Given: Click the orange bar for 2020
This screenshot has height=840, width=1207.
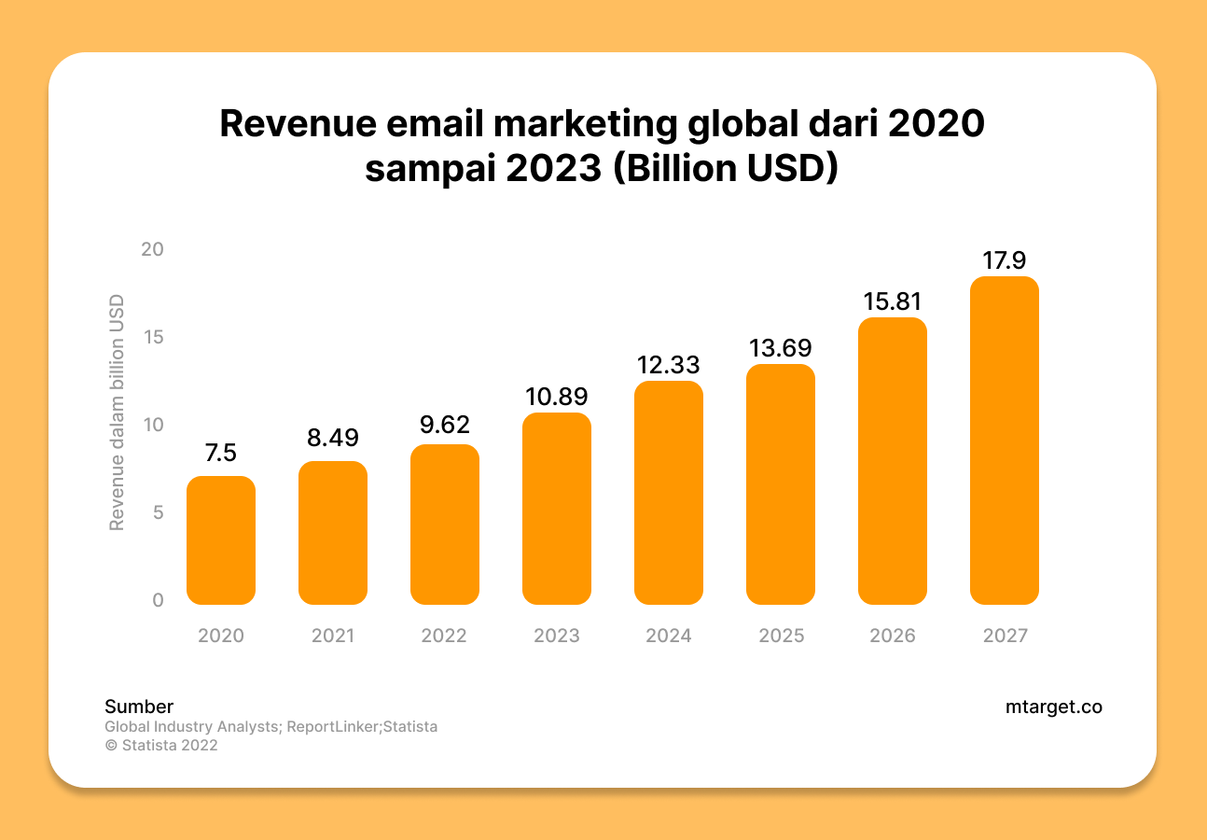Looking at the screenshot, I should pos(221,540).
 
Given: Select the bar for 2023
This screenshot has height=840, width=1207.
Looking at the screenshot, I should pos(557,509).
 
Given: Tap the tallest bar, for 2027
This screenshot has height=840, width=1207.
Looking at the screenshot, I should pos(1005,441).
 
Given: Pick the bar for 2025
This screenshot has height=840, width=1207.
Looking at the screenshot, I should pos(781,484).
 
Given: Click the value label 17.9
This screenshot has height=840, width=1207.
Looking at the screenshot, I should pos(1005,259).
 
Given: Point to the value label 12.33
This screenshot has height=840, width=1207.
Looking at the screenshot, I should pos(669,364).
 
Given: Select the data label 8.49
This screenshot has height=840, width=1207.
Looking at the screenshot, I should pos(333,438).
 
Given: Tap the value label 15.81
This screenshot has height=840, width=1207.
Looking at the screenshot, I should pos(893,301).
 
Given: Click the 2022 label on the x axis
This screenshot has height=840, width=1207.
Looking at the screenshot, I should pos(444,636).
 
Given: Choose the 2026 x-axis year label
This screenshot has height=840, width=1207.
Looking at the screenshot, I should pos(893,636).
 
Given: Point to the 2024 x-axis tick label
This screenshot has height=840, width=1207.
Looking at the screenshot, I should pos(669,636).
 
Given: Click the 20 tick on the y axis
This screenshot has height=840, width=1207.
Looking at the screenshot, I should pos(152,249).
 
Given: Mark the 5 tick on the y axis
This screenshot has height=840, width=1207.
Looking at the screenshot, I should pos(158,512).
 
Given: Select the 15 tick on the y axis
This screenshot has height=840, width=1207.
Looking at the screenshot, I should pos(152,337).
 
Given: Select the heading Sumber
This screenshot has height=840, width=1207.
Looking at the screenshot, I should pos(139,707).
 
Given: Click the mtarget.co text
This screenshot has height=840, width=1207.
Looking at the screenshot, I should pos(1053,707).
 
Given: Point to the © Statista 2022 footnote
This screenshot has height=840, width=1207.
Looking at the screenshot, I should pos(161,745).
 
